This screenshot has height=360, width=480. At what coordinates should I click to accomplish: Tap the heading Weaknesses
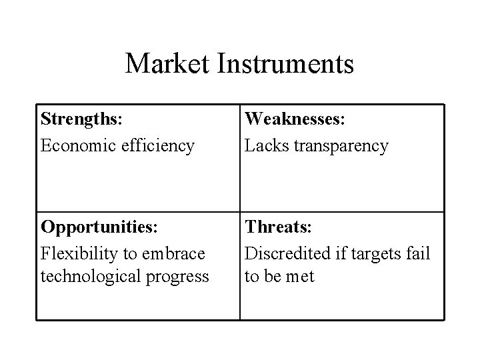(294, 120)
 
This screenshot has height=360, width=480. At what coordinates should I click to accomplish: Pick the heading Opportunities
(96, 227)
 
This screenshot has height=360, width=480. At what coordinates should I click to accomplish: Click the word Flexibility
(75, 253)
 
